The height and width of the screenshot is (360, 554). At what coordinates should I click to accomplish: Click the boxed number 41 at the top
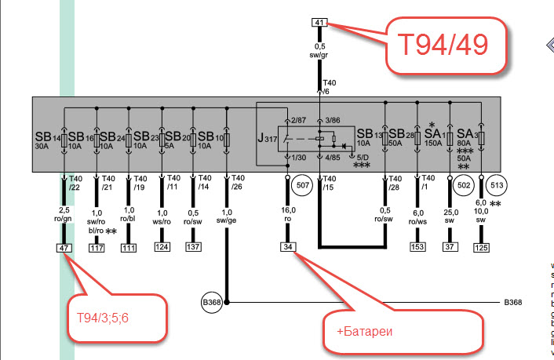click(x=319, y=22)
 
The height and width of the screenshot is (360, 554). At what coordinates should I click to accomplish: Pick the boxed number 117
click(x=97, y=248)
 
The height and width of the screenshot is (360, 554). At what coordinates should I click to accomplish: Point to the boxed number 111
click(x=129, y=248)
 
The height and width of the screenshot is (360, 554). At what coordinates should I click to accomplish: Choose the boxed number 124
click(x=162, y=248)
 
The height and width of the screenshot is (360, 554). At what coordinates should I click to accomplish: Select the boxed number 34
click(x=287, y=248)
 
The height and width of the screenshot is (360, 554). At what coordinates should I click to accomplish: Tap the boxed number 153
click(x=417, y=248)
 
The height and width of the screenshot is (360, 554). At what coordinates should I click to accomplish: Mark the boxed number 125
click(x=481, y=248)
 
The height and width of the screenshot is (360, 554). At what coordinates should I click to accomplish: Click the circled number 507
click(x=303, y=186)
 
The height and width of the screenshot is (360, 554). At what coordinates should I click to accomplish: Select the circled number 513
click(x=496, y=186)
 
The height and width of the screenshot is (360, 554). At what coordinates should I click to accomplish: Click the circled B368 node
click(x=212, y=302)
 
